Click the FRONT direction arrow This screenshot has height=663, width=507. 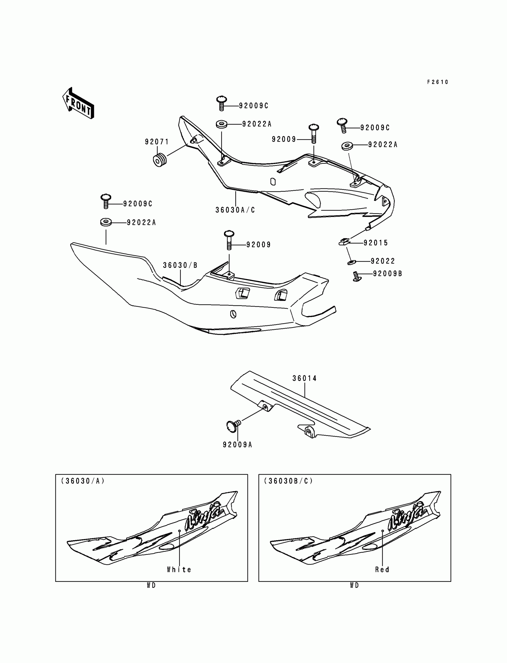[x=78, y=103]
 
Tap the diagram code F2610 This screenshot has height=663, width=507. [x=438, y=82]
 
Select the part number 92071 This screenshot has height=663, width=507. [x=157, y=142]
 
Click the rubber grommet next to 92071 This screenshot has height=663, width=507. [x=160, y=160]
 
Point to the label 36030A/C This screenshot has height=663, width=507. [x=235, y=210]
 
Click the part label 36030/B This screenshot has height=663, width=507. [x=180, y=265]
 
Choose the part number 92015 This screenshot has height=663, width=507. [x=376, y=243]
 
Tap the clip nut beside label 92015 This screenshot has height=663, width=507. [x=344, y=242]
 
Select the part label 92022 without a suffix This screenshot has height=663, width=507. [x=383, y=261]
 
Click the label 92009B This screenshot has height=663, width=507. [x=387, y=274]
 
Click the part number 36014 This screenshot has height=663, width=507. [x=304, y=378]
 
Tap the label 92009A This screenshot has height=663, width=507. [x=237, y=444]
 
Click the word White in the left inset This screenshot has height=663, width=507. [x=179, y=569]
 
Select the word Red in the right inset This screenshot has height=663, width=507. [x=382, y=569]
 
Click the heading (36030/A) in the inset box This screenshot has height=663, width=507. [x=83, y=481]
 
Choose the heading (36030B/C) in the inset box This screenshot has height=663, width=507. [x=288, y=481]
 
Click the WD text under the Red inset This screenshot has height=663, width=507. [x=354, y=585]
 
